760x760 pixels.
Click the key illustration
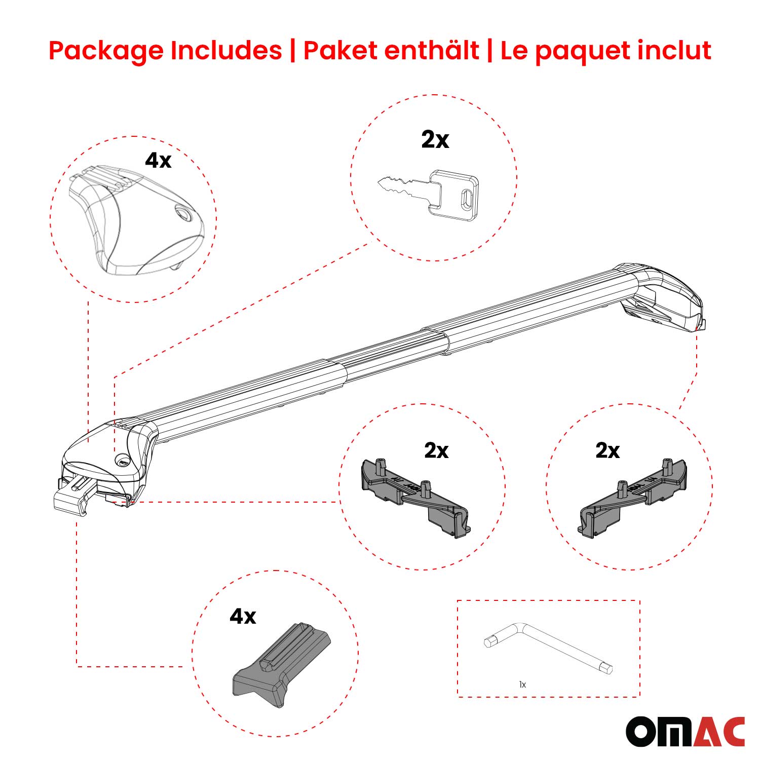click(431, 194)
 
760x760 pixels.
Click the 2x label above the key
click(435, 139)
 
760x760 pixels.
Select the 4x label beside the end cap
click(158, 160)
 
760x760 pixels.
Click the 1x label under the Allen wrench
click(522, 685)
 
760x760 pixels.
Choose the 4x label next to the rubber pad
click(243, 616)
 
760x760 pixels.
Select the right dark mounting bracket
click(633, 497)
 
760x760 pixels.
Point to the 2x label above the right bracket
click(607, 450)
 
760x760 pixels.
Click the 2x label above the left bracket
click(436, 450)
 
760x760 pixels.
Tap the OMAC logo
click(685, 732)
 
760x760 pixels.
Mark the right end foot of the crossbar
click(664, 299)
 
